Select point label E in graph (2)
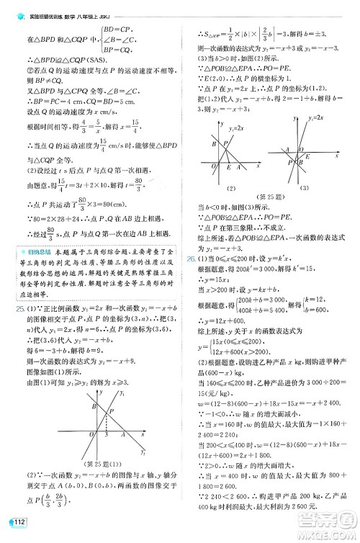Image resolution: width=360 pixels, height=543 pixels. coord(228,168)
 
